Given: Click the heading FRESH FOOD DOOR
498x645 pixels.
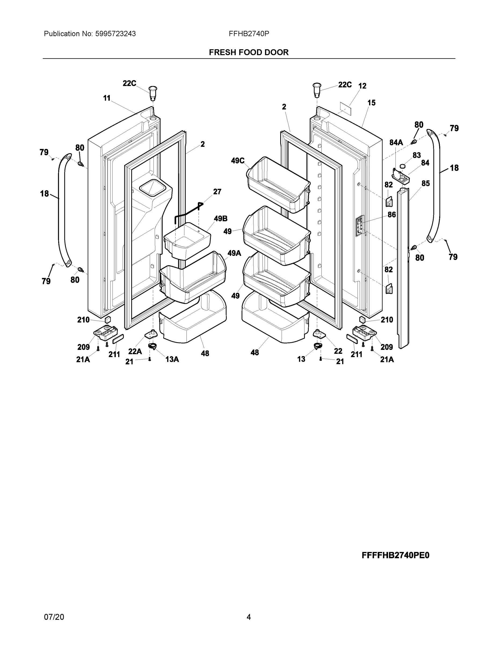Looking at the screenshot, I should pos(249,52).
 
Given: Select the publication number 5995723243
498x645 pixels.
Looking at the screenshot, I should pos(115,34).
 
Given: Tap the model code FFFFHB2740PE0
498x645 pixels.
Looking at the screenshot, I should pos(395,555).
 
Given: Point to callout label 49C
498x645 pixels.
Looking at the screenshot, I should pos(238,161).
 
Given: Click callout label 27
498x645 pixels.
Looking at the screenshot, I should pos(217,192).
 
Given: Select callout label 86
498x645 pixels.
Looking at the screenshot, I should pos(391,215).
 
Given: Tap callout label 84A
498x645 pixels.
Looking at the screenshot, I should pos(396,143).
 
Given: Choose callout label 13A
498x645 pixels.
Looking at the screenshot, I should pos(172,359).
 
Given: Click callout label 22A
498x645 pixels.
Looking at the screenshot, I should pos(135,352).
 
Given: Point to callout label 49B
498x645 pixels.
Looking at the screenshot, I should pos(221,218).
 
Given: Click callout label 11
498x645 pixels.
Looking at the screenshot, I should pos(107,98).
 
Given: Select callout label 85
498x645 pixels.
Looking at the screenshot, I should pos(426,183).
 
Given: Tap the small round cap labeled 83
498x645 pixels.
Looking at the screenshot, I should pos(402,167).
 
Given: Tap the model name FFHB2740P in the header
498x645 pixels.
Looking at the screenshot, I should pos(249,34).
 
